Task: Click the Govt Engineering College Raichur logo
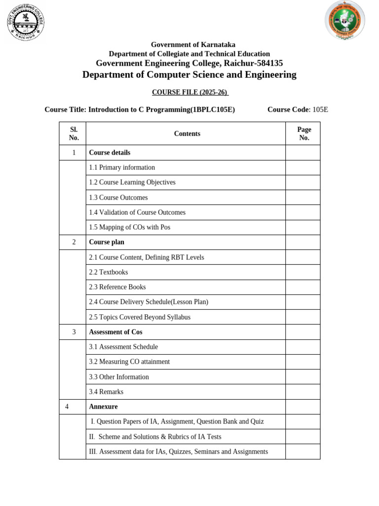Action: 26,22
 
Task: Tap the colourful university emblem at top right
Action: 344,21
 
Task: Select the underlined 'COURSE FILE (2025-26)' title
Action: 190,92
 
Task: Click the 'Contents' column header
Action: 187,133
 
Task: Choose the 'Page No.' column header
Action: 304,133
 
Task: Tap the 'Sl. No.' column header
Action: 74,133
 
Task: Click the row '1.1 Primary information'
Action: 122,168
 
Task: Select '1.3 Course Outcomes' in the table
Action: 118,198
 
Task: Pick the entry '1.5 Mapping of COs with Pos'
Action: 129,227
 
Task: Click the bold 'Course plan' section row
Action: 107,242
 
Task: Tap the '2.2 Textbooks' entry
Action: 109,272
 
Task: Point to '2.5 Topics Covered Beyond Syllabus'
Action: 140,317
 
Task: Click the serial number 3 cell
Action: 74,332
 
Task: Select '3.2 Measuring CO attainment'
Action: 129,362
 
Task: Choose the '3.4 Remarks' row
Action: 106,392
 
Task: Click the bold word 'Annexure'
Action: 103,407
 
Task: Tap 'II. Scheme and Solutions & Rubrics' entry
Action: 155,437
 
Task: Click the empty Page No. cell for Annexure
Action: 303,407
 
